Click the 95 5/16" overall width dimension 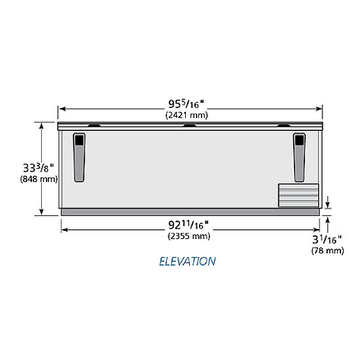186,104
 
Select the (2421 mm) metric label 187,115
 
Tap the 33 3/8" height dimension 39,168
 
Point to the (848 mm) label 39,179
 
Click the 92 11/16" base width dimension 189,225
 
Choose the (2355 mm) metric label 189,236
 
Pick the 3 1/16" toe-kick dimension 327,240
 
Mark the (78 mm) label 328,250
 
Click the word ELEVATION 187,262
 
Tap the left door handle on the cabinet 79,158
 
